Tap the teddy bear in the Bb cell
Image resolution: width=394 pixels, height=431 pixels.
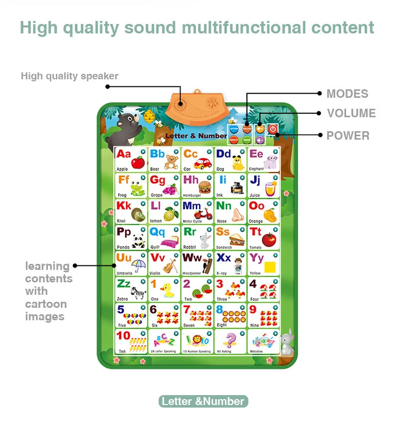171,162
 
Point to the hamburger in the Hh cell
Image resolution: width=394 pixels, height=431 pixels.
204,187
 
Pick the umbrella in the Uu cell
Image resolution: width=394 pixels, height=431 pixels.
139,266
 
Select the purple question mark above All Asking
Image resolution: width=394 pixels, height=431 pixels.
230,341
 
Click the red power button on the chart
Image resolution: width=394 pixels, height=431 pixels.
272,130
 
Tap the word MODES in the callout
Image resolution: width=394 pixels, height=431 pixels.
347,94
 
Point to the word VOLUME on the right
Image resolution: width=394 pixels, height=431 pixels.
351,113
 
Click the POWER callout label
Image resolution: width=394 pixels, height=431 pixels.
348,136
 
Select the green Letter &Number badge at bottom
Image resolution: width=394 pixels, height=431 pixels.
203,401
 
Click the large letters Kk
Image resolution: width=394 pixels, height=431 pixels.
124,206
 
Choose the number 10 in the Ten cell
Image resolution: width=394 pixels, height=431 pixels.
123,335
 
